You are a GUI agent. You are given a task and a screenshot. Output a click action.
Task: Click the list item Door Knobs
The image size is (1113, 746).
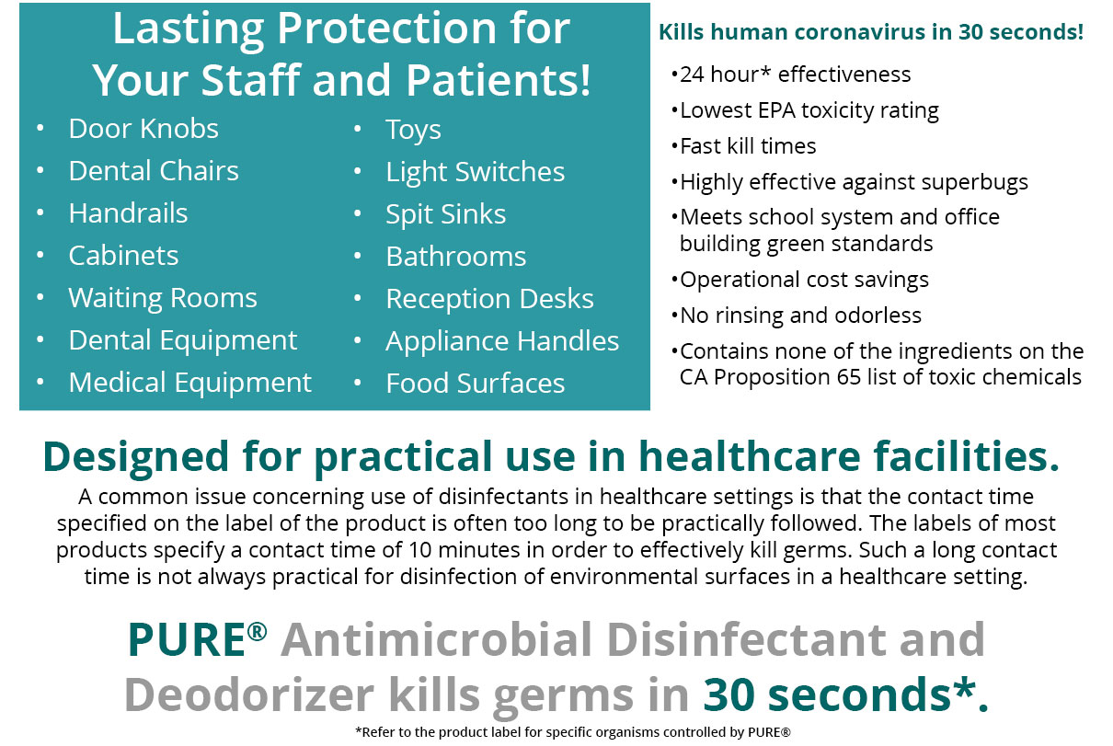[x=143, y=129]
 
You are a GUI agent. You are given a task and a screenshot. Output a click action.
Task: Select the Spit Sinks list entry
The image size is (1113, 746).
[x=446, y=214]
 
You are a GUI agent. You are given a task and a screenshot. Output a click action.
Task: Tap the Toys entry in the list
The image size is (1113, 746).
[x=413, y=131]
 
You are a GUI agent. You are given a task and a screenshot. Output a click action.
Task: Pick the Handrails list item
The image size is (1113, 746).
[x=128, y=213]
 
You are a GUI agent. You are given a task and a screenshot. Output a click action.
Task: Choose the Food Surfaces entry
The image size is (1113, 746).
[x=476, y=384]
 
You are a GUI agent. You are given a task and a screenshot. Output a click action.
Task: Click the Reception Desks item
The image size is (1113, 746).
[x=490, y=299]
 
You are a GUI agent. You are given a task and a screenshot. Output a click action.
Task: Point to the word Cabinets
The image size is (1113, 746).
[x=124, y=256]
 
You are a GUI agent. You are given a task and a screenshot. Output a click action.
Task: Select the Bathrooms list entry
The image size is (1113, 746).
[x=456, y=257]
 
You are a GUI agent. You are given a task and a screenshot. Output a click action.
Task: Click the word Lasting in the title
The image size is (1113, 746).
[x=189, y=29]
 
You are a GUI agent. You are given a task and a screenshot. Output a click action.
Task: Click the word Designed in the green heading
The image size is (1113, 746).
[x=135, y=457]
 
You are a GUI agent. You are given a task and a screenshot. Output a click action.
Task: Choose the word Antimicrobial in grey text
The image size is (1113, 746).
[x=438, y=639]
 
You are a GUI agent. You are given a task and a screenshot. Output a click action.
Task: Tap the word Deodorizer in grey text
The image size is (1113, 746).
[x=249, y=694]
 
